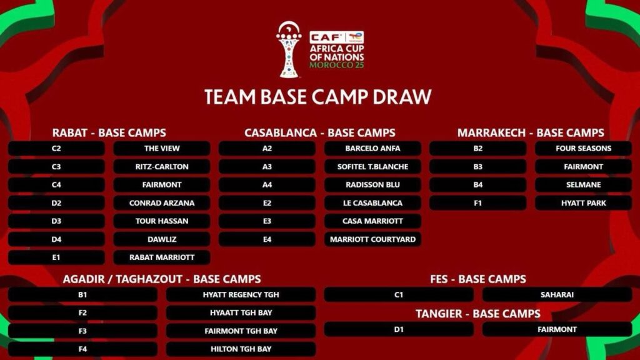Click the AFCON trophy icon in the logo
tap(289, 50)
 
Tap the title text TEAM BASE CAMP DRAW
tap(317, 97)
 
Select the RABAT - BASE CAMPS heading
tap(109, 132)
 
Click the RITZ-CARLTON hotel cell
tap(162, 166)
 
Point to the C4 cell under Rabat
tap(56, 185)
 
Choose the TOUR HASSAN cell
tap(162, 221)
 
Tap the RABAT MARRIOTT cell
tap(162, 257)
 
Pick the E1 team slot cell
tap(56, 257)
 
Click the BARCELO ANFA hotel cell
tap(372, 149)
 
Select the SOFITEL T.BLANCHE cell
tap(372, 166)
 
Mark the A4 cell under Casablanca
tap(267, 185)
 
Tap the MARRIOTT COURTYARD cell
tap(372, 239)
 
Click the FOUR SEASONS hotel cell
tap(583, 149)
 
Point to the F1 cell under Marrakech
tap(477, 203)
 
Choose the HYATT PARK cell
tap(583, 203)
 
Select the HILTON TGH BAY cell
tap(241, 349)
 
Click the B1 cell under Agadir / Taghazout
tap(82, 295)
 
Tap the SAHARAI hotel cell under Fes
tap(557, 295)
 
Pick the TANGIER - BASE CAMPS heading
tap(478, 314)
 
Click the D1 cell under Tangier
tap(399, 329)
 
